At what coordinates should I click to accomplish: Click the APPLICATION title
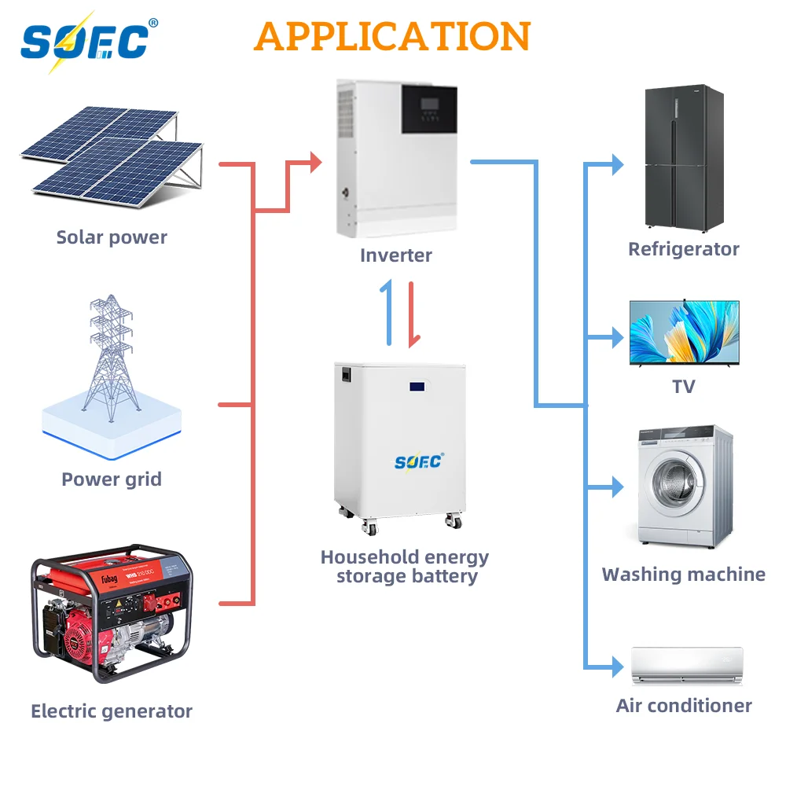point(392,36)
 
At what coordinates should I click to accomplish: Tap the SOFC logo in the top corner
point(86,42)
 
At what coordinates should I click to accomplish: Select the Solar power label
point(112,237)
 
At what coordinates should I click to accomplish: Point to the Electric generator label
point(112,711)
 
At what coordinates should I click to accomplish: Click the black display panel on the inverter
point(429,108)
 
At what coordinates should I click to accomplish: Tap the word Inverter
point(396,255)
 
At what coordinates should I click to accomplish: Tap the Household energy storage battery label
point(404,567)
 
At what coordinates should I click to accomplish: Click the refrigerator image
point(684,156)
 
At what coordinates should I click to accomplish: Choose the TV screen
point(684,331)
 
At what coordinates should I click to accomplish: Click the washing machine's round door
point(674,485)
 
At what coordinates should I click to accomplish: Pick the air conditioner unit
point(686,665)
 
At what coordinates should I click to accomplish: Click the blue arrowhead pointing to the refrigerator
point(617,165)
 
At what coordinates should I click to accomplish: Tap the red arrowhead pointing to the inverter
point(316,163)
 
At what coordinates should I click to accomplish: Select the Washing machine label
point(683,575)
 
